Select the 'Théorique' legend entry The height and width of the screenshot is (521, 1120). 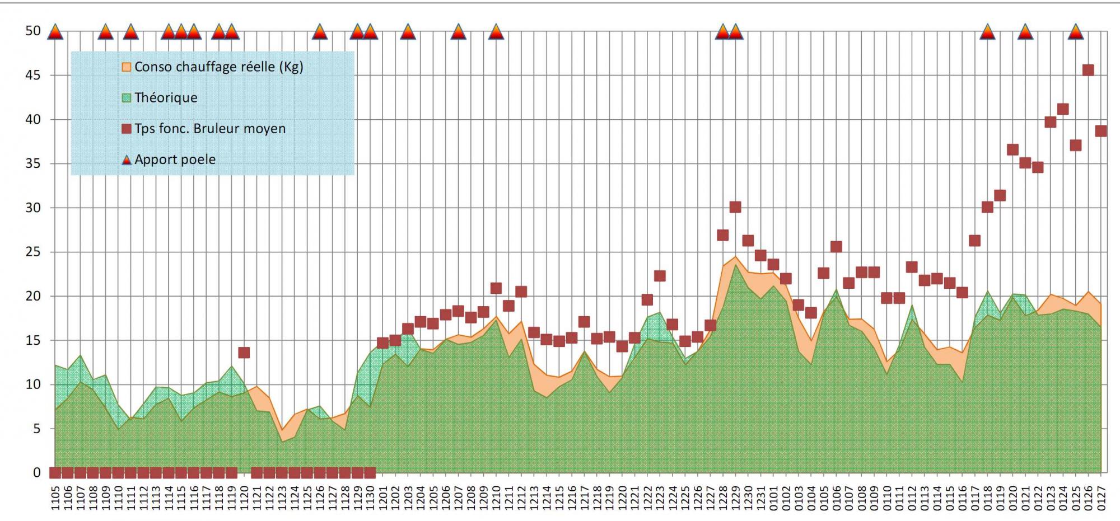[x=166, y=98]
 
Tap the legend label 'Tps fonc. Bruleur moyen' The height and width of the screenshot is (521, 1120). [x=210, y=129]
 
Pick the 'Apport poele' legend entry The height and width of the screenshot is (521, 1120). [x=175, y=159]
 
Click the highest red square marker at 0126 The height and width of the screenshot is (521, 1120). [x=1088, y=70]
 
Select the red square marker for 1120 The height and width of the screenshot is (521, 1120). [x=244, y=353]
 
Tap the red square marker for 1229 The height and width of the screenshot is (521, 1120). [x=735, y=207]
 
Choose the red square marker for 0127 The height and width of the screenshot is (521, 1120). [x=1101, y=131]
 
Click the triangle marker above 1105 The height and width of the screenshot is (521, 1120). [x=55, y=32]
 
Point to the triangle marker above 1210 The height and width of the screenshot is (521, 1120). [x=496, y=32]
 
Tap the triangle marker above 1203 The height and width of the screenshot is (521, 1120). [x=408, y=32]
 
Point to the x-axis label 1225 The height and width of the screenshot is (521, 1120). [x=685, y=497]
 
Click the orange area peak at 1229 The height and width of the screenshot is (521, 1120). [x=735, y=257]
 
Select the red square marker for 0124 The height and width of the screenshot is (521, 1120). [x=1063, y=109]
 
